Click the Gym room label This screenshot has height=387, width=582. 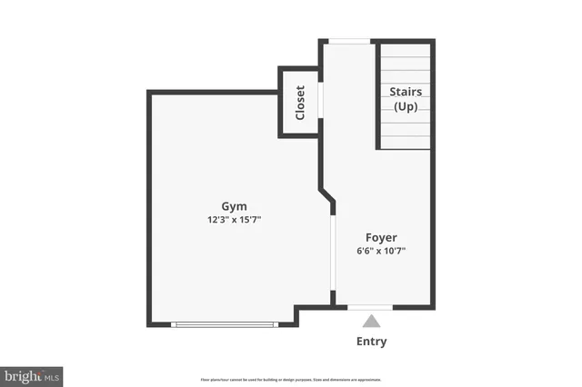coord(234,205)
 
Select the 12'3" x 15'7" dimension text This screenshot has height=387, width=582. coord(234,220)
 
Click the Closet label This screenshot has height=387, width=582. coord(300,103)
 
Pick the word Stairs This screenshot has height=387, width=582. coord(406,92)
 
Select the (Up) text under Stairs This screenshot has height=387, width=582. coord(406,107)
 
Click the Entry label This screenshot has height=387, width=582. coord(371,342)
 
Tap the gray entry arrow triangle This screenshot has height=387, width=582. coord(371,320)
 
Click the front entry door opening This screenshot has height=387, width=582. coord(371,307)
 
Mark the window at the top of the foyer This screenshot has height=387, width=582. coord(349,41)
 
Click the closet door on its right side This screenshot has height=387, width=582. coord(320,101)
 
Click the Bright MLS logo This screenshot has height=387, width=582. coord(32,375)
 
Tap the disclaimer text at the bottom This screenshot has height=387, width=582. coord(291,380)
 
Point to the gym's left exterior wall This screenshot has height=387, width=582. coord(149,208)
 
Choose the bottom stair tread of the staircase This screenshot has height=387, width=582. coord(406,143)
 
